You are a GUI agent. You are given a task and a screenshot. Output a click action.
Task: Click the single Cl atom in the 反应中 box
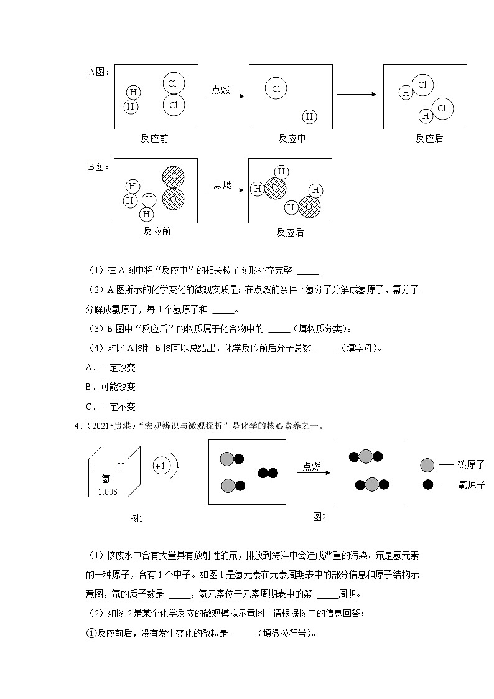pyautogui.click(x=276, y=89)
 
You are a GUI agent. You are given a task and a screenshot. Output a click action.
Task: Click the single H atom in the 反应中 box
pyautogui.click(x=309, y=116)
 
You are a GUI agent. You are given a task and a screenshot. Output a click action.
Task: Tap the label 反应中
pyautogui.click(x=291, y=139)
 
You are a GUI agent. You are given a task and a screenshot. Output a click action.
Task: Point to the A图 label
pyautogui.click(x=98, y=72)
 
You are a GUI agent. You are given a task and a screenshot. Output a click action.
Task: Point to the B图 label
pyautogui.click(x=98, y=166)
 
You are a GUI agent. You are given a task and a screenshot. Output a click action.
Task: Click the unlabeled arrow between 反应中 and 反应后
pyautogui.click(x=357, y=95)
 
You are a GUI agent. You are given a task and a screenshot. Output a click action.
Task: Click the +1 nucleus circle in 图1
pyautogui.click(x=161, y=466)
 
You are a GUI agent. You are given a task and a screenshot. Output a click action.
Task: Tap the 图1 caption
pyautogui.click(x=136, y=518)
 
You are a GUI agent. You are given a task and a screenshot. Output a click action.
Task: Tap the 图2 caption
pyautogui.click(x=319, y=517)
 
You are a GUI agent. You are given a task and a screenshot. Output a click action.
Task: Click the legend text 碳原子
pyautogui.click(x=471, y=465)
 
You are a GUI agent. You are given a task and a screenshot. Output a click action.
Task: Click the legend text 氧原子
pyautogui.click(x=471, y=484)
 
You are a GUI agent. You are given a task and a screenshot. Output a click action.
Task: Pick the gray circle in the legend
pyautogui.click(x=427, y=465)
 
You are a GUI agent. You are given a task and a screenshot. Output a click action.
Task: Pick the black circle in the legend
pyautogui.click(x=427, y=484)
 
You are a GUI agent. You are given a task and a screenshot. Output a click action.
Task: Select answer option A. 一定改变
pyautogui.click(x=110, y=367)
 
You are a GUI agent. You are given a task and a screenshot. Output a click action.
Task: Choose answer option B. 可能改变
pyautogui.click(x=110, y=387)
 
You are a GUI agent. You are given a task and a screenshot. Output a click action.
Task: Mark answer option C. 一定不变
pyautogui.click(x=110, y=406)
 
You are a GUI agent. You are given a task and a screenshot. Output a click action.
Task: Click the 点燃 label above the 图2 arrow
pyautogui.click(x=312, y=466)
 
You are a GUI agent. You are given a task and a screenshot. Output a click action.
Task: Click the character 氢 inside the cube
pyautogui.click(x=106, y=479)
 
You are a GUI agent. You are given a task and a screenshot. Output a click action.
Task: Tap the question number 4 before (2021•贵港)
pyautogui.click(x=77, y=426)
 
